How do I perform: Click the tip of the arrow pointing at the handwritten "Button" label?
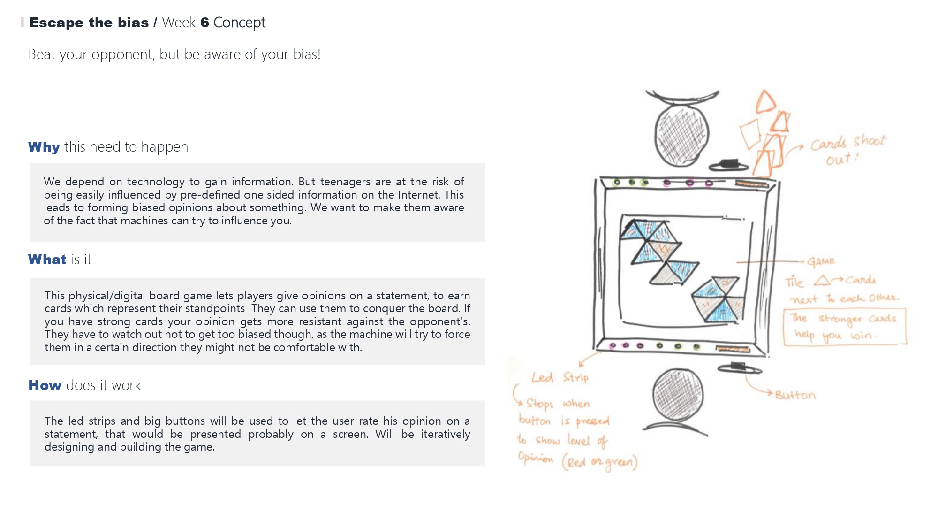click(772, 393)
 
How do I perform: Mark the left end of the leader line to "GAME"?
click(737, 262)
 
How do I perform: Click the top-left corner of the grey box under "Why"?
click(30, 163)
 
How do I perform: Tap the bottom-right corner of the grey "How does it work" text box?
click(485, 466)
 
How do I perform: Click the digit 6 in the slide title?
click(204, 23)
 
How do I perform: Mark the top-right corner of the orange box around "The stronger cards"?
click(906, 309)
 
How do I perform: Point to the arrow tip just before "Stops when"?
click(522, 404)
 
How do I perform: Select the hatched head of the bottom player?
click(678, 395)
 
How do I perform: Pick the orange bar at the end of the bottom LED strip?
click(733, 349)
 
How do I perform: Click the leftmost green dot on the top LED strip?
click(617, 182)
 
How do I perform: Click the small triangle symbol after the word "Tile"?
click(822, 281)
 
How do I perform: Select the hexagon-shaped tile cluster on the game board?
click(719, 299)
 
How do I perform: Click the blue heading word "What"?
click(47, 260)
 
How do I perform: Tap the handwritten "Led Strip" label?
click(560, 377)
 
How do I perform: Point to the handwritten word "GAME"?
click(821, 261)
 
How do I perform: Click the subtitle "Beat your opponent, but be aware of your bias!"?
click(174, 54)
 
